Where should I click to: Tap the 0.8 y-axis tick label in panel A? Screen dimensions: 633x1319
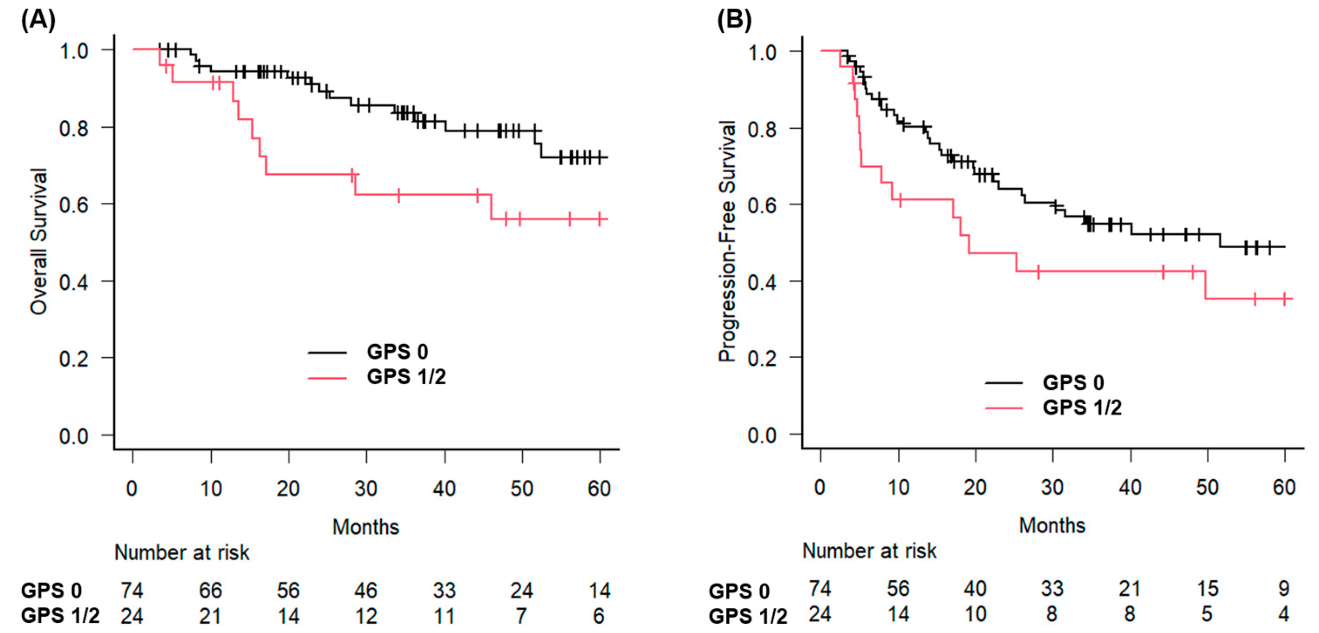point(74,128)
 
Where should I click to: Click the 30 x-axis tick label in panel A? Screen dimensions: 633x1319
point(366,489)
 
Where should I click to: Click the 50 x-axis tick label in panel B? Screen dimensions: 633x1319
point(1207,487)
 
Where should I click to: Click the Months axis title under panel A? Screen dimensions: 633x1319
point(366,526)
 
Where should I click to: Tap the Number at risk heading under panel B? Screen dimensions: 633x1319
point(870,551)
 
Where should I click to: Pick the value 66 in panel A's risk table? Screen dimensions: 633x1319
point(210,590)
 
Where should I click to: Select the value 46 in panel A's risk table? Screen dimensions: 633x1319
point(366,590)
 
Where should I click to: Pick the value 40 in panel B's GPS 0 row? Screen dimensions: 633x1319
point(975,589)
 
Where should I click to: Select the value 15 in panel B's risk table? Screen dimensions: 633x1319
point(1207,589)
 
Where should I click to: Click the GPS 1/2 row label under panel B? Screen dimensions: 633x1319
point(748,617)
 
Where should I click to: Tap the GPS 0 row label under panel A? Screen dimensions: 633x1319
point(51,590)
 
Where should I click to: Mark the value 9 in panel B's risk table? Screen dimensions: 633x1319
point(1283,589)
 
